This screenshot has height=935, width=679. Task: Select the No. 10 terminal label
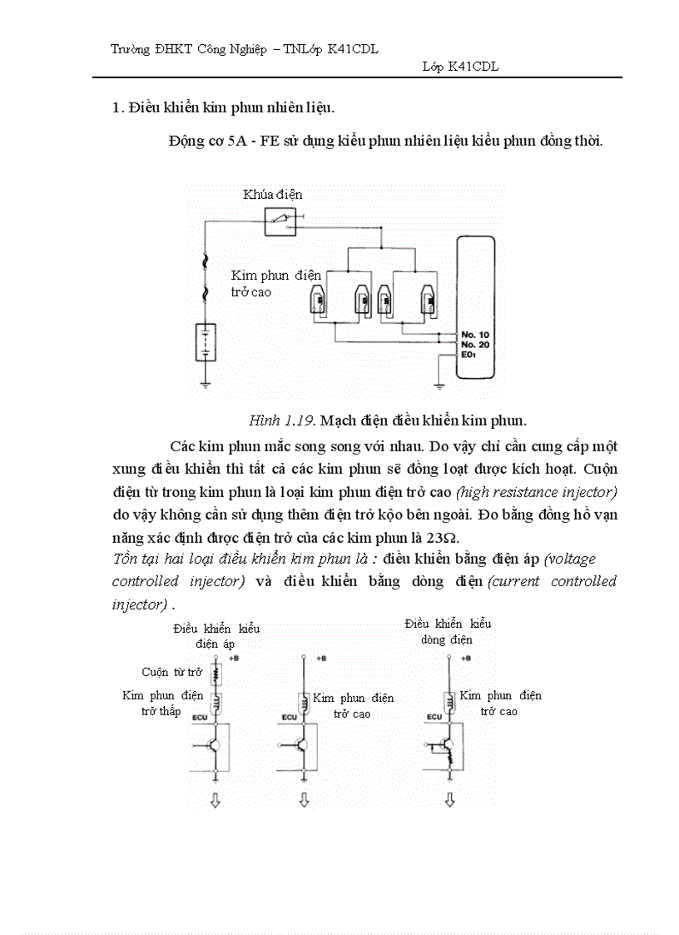pyautogui.click(x=473, y=335)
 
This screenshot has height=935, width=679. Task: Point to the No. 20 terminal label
pyautogui.click(x=473, y=345)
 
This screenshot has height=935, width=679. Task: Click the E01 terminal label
pyautogui.click(x=469, y=355)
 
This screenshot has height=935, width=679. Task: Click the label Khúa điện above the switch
pyautogui.click(x=272, y=195)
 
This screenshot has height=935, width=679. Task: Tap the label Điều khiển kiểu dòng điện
pyautogui.click(x=448, y=631)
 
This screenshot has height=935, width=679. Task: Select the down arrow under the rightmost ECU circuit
pyautogui.click(x=449, y=800)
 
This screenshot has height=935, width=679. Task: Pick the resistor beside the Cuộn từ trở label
pyautogui.click(x=216, y=673)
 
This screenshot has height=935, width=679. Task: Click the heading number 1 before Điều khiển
pyautogui.click(x=116, y=108)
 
